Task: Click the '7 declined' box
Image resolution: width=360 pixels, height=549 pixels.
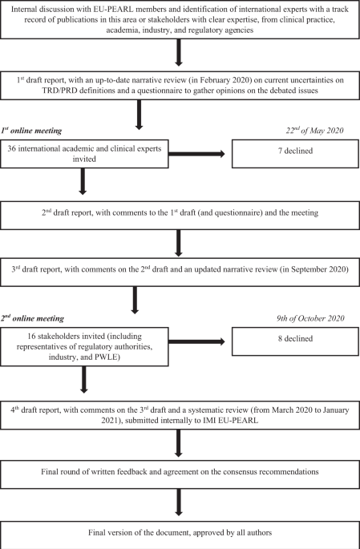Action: tap(293, 153)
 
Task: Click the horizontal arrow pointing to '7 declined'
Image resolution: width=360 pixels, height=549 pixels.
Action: tap(200, 154)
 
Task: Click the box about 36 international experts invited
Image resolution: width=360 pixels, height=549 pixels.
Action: tap(85, 153)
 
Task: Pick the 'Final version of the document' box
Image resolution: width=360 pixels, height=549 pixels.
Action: tap(180, 533)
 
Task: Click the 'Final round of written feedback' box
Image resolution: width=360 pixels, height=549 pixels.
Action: tap(180, 486)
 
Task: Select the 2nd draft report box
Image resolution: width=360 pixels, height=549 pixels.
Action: tap(180, 214)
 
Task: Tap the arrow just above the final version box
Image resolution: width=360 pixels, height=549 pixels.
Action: tap(180, 510)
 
